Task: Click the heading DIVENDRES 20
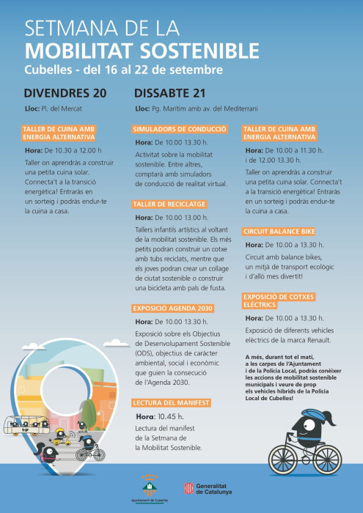(65, 93)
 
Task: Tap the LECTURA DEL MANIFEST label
(172, 402)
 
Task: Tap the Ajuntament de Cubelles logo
(149, 487)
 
